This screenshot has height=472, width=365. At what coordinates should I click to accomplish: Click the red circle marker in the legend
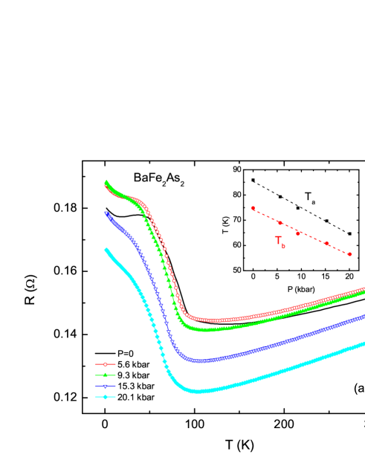(105, 364)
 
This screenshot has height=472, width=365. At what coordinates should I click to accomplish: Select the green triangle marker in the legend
(105, 375)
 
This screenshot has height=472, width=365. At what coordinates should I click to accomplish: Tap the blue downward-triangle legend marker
(105, 387)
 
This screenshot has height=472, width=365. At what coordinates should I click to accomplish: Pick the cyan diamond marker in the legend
(105, 397)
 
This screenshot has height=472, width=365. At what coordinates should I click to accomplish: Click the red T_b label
(280, 242)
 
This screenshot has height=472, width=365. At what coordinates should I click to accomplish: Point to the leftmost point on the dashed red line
(253, 209)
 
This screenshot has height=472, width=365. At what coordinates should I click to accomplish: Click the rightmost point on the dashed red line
(349, 254)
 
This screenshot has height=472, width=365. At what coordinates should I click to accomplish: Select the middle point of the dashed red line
(297, 232)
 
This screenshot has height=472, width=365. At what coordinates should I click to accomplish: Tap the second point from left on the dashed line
(280, 222)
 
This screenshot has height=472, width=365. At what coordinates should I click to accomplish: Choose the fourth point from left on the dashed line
(326, 243)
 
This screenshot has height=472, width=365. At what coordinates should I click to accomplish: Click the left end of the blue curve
(106, 213)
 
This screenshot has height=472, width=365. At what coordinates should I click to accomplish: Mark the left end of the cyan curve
(106, 250)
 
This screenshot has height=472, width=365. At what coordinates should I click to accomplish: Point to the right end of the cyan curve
(364, 343)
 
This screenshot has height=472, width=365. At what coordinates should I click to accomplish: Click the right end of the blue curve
(364, 317)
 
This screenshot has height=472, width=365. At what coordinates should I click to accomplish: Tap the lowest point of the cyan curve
(197, 391)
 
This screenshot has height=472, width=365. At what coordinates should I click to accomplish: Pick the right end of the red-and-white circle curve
(364, 288)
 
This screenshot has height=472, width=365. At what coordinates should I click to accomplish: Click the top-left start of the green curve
(106, 181)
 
